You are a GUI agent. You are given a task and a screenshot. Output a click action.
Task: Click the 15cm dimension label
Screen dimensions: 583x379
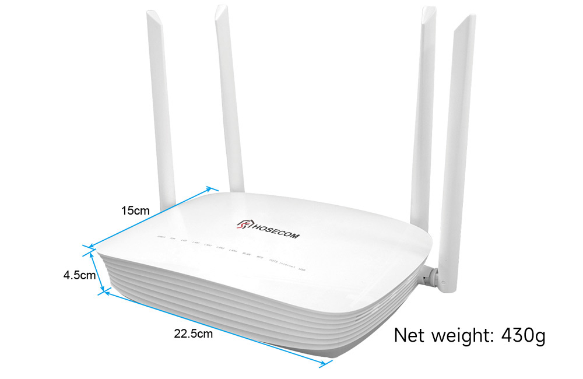click(x=135, y=210)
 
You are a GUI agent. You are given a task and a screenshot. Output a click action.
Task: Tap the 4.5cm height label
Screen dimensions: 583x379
click(x=79, y=275)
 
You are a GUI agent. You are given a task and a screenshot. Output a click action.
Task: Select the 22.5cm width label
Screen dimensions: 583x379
click(x=193, y=334)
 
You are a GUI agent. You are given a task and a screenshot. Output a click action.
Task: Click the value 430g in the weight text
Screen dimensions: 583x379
click(x=523, y=336)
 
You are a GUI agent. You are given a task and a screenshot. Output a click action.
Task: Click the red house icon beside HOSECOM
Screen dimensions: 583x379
click(x=244, y=224)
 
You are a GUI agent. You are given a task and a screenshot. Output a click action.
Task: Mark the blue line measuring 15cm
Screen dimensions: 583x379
click(x=150, y=218)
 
